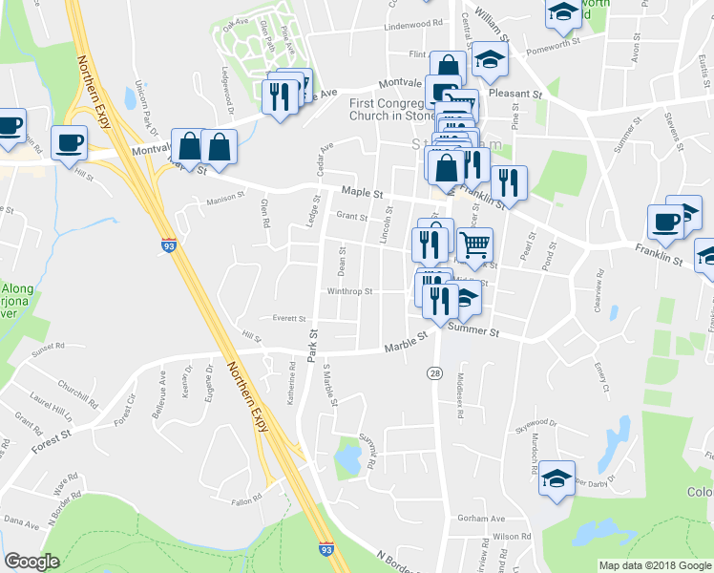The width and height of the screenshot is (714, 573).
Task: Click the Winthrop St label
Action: (348, 292)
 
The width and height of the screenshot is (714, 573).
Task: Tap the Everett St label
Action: (287, 318)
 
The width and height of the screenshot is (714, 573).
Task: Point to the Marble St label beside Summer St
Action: (404, 348)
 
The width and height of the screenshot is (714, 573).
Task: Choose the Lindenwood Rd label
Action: (414, 24)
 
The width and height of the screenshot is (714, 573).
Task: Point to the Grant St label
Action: (351, 217)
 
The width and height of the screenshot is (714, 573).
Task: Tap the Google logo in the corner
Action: (31, 562)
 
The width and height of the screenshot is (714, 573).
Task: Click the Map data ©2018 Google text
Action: (654, 565)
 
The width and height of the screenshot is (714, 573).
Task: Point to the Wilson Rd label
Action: (512, 537)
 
